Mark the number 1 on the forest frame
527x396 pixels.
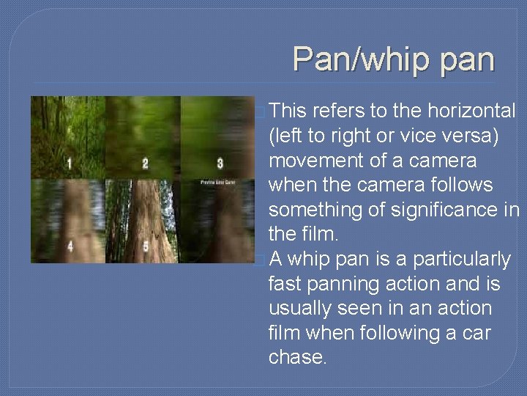coord(69,163)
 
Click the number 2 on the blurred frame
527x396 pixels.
coord(145,163)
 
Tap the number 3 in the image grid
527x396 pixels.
coord(220,163)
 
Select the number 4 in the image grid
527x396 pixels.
coord(70,246)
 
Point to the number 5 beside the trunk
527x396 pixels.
coord(146,246)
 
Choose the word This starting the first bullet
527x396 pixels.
coord(288,111)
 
